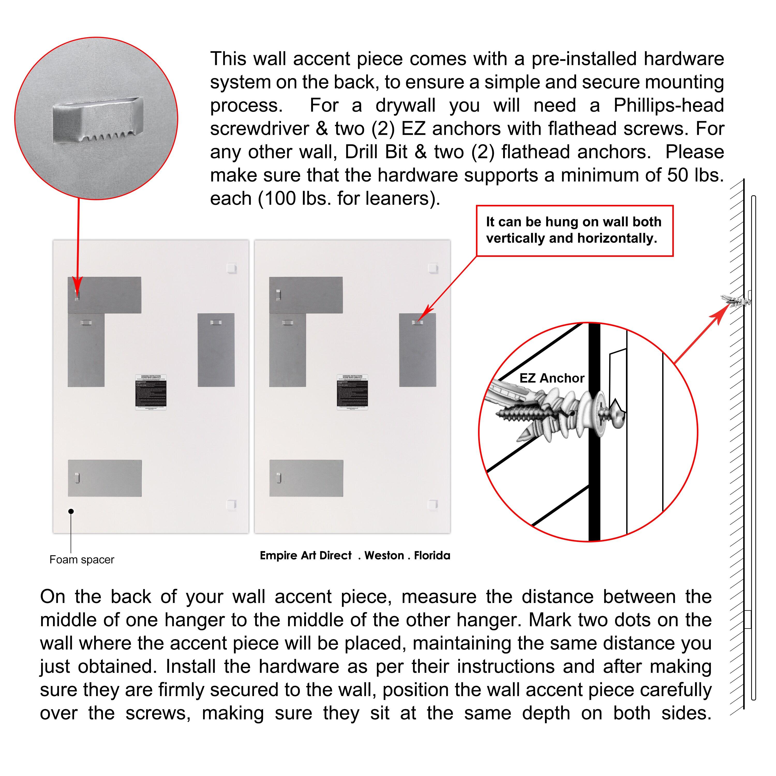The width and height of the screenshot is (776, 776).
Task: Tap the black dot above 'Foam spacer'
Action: coord(71,511)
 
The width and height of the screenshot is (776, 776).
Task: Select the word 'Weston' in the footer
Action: coord(384,556)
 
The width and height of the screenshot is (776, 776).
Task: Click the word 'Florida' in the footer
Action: coord(432,556)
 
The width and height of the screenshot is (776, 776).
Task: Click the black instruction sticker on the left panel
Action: coord(151,392)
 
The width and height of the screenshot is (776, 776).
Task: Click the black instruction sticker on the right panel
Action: coord(352,392)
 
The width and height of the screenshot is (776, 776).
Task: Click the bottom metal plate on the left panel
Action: coord(105,478)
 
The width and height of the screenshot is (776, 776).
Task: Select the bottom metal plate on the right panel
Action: coord(306,478)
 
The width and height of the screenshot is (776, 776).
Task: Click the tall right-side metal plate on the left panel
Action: coord(216,350)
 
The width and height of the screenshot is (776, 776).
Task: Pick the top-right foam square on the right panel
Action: coord(433,268)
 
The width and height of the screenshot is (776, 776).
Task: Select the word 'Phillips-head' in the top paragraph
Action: coord(668,106)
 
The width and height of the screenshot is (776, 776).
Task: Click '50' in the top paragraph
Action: coord(678,175)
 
